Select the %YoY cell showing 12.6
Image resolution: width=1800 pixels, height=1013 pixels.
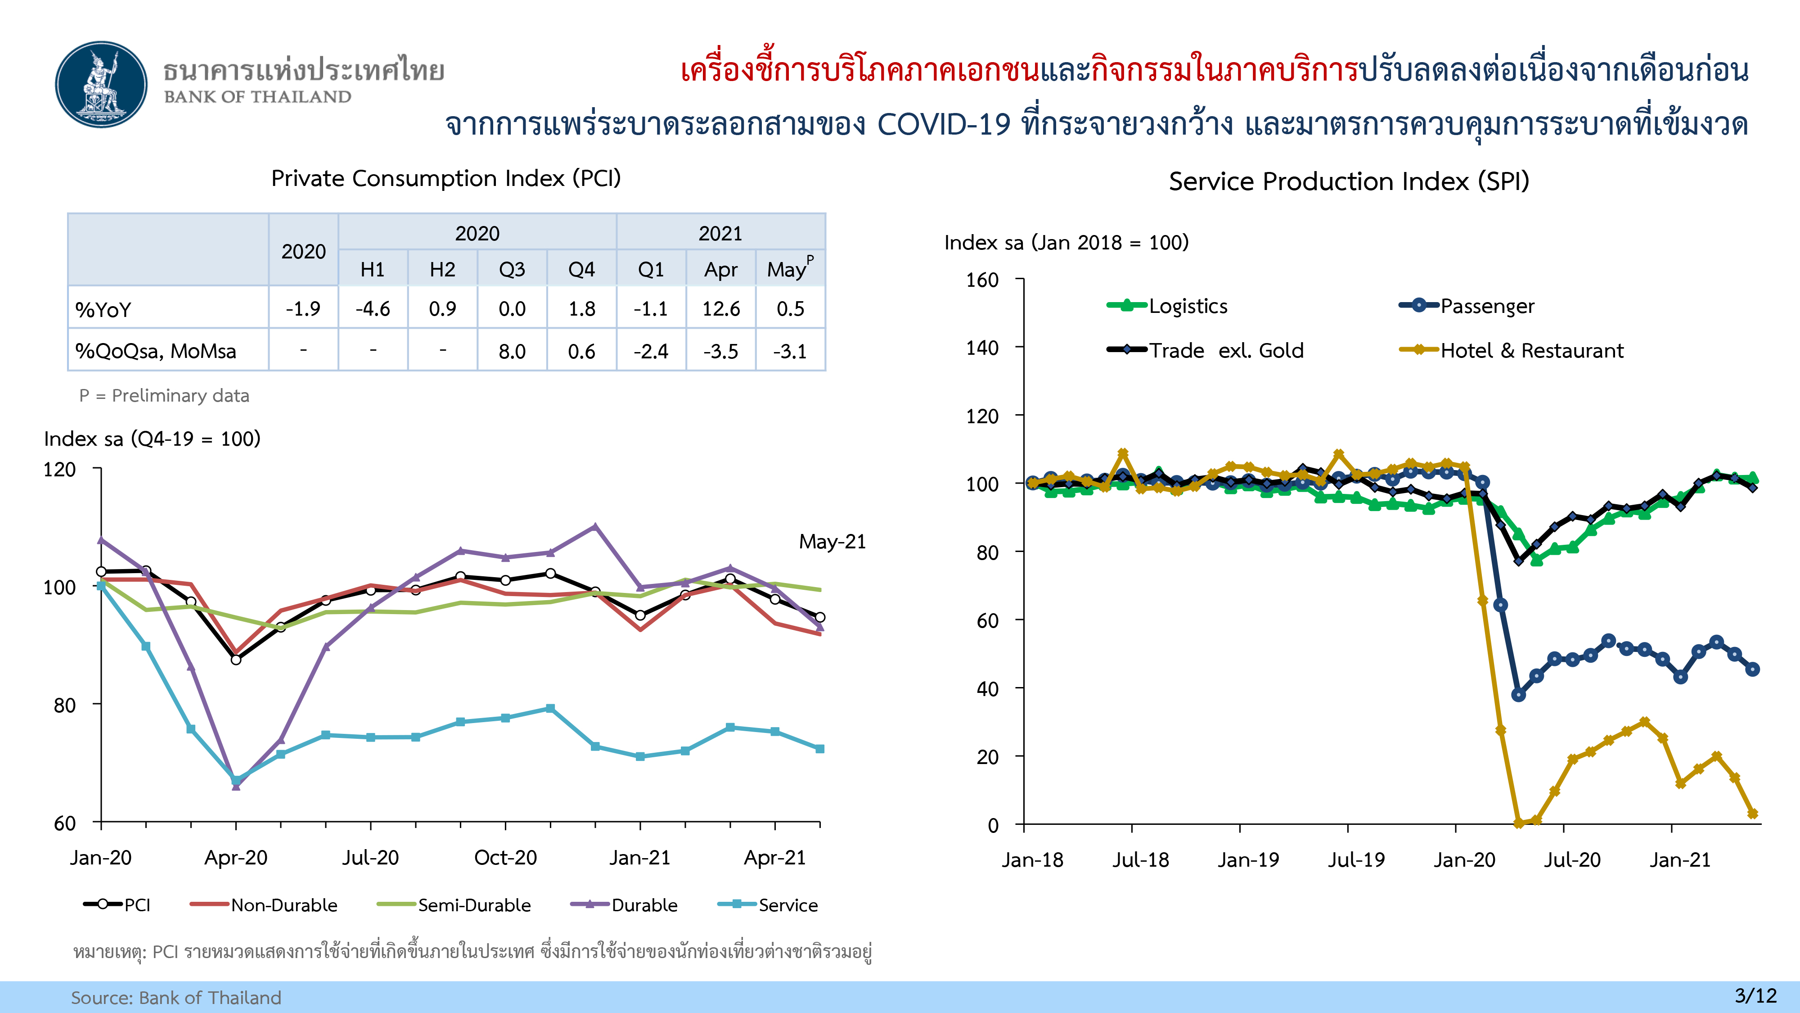click(x=720, y=308)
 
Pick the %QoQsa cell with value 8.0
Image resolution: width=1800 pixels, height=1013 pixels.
click(x=512, y=351)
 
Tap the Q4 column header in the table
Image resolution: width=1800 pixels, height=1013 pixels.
click(x=581, y=269)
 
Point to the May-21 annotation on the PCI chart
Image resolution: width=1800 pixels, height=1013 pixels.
click(x=832, y=542)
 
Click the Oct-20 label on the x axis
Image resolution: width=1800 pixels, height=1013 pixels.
click(x=505, y=858)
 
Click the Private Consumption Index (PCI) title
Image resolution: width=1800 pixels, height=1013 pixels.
click(x=446, y=178)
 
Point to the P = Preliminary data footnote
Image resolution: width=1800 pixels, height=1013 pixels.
click(x=164, y=396)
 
